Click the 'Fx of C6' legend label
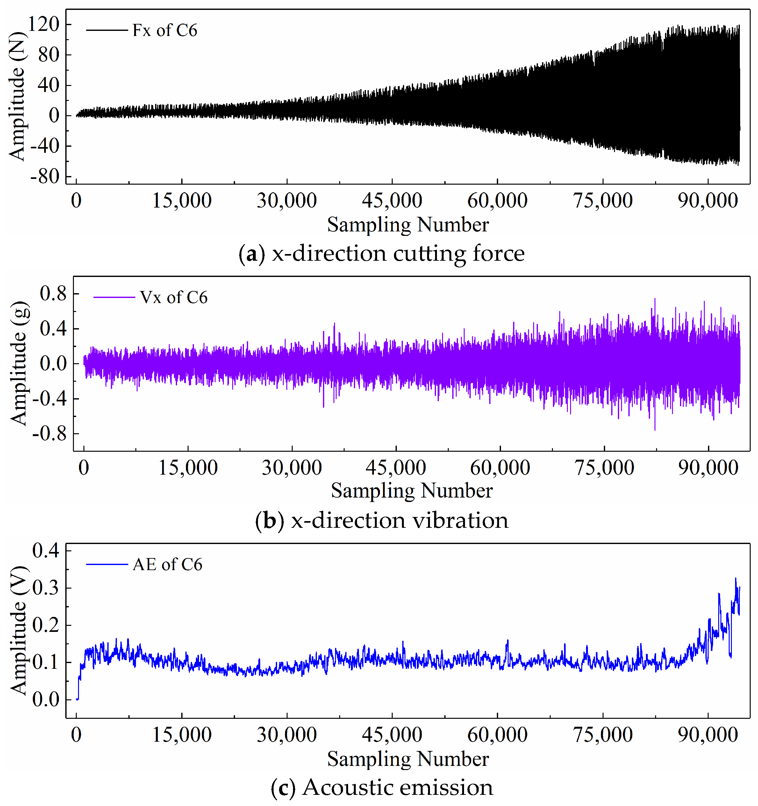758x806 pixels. click(165, 31)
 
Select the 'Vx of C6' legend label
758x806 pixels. click(174, 298)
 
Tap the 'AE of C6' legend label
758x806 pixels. click(167, 565)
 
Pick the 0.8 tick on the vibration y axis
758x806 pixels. click(53, 293)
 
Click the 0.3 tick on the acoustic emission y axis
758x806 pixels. click(46, 588)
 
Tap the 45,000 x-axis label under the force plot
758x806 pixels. click(392, 201)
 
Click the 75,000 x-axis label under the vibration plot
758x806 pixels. click(604, 468)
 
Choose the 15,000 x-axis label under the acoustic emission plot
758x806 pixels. click(182, 735)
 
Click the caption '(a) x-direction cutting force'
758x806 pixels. click(381, 254)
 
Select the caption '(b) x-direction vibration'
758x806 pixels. click(381, 520)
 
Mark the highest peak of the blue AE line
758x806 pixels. click(736, 578)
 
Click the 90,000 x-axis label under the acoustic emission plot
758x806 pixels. click(708, 735)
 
